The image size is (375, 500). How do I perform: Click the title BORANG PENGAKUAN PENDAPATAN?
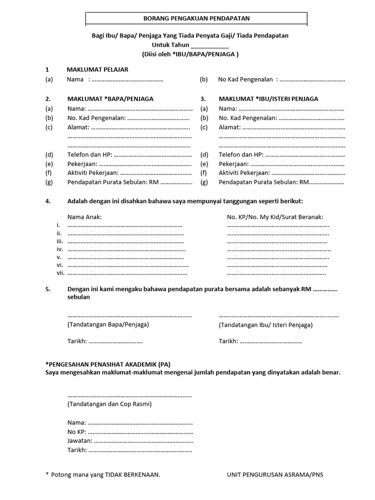tap(196, 19)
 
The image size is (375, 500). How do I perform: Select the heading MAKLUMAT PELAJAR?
tap(97, 69)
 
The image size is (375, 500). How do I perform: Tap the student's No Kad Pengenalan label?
tap(246, 79)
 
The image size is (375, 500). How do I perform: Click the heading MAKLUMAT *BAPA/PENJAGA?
tap(110, 99)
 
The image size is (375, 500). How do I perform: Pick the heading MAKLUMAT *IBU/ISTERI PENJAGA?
tap(268, 99)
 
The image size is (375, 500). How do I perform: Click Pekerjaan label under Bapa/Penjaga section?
tap(82, 164)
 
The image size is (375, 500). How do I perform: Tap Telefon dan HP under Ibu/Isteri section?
tap(241, 155)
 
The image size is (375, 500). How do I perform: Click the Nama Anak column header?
tap(84, 216)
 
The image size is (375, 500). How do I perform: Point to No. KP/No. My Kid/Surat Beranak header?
tap(275, 216)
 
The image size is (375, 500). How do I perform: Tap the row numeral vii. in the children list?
tap(60, 273)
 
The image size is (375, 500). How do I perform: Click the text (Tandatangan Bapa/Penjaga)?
tap(108, 324)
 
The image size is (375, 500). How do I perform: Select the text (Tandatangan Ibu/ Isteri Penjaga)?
tap(266, 325)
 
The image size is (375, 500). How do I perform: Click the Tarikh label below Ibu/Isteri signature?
tap(228, 341)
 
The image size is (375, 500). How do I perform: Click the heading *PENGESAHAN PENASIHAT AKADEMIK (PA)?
tap(108, 364)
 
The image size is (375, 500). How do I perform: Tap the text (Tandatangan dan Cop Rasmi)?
tap(109, 404)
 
